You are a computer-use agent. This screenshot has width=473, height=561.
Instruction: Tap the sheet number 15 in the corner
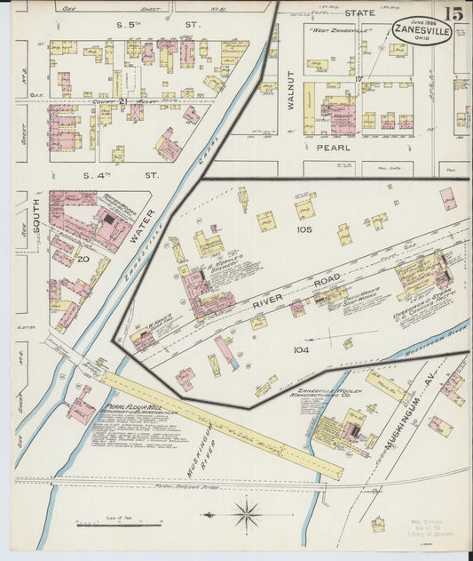(x=453, y=14)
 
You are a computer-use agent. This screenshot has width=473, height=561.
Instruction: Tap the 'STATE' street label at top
(x=360, y=13)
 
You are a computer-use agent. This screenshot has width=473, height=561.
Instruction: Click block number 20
(x=83, y=259)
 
